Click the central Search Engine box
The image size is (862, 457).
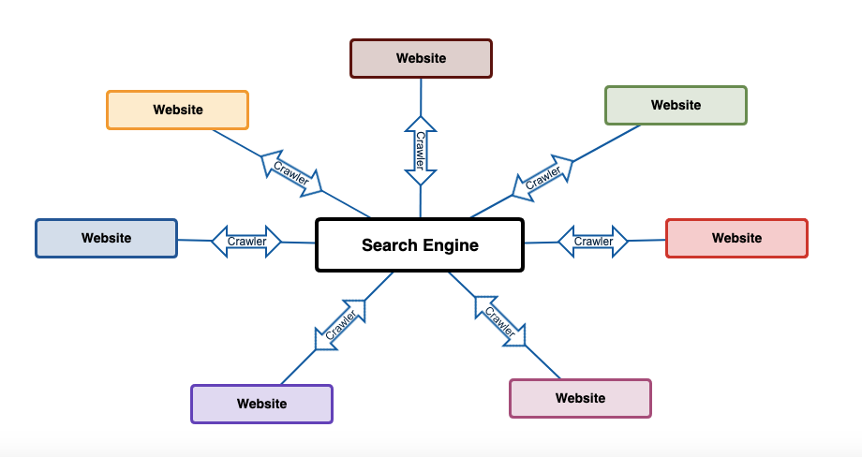(420, 245)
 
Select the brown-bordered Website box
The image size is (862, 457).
(421, 58)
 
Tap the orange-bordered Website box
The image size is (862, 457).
(177, 110)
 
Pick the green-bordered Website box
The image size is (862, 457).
(676, 105)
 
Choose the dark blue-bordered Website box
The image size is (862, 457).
(106, 238)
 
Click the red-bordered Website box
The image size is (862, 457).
(736, 238)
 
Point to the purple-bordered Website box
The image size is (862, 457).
(261, 404)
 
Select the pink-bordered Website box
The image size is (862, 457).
(580, 398)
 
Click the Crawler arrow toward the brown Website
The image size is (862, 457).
(421, 150)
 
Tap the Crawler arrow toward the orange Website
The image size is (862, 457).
(290, 173)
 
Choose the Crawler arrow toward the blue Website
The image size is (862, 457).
(247, 242)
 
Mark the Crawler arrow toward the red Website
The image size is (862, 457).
(593, 242)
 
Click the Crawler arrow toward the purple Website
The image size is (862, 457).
(340, 324)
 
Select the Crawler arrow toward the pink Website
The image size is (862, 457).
(499, 321)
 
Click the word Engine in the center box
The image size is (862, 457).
(450, 245)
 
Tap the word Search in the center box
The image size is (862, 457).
(389, 245)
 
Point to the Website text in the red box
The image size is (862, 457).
(736, 238)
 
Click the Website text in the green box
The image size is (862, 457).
(676, 105)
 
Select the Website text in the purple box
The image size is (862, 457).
(261, 404)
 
